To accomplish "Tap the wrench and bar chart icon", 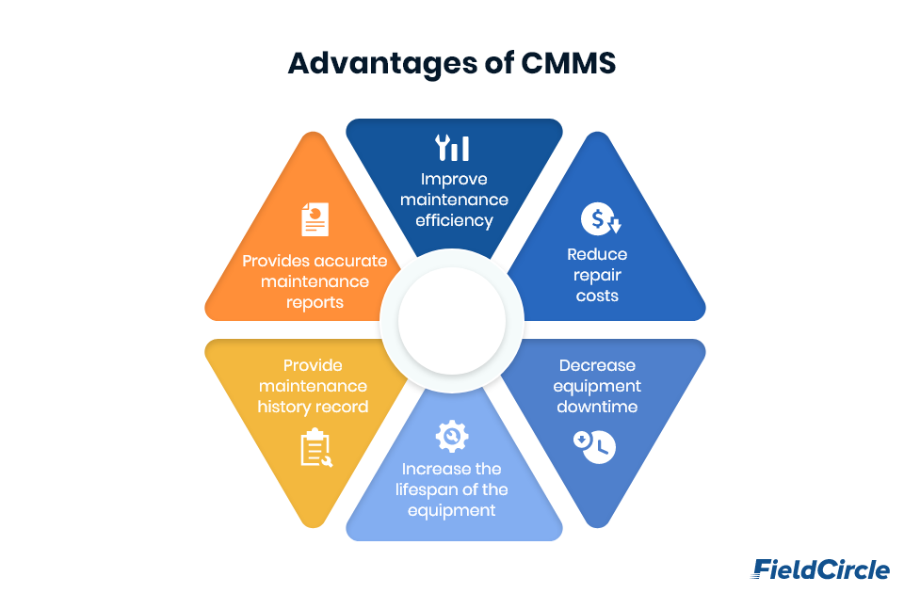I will pyautogui.click(x=452, y=149).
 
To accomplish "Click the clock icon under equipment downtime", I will pyautogui.click(x=594, y=446).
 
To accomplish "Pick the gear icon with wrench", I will pyautogui.click(x=452, y=436).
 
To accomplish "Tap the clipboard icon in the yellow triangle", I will pyautogui.click(x=315, y=449).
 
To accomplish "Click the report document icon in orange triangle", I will pyautogui.click(x=315, y=218).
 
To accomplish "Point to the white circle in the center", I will pyautogui.click(x=452, y=320).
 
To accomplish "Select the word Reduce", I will pyautogui.click(x=597, y=254).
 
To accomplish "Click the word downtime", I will pyautogui.click(x=597, y=407).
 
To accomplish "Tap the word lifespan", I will pyautogui.click(x=441, y=489).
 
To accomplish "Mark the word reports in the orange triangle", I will pyautogui.click(x=315, y=302).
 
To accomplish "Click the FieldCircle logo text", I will pyautogui.click(x=820, y=569).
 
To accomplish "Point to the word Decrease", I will pyautogui.click(x=597, y=365).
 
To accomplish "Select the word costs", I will pyautogui.click(x=597, y=296).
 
